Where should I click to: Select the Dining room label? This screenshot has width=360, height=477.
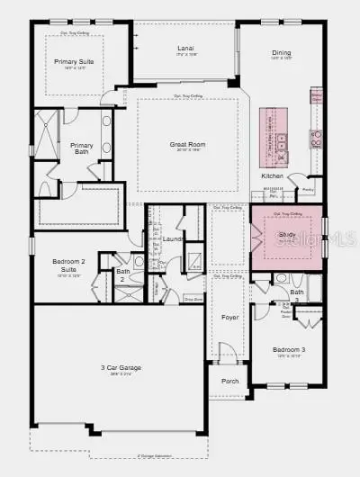(282, 53)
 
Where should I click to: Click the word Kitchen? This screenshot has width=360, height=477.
(273, 175)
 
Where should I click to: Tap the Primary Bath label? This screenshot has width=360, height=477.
(82, 149)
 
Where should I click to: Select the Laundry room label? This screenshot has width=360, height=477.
(175, 238)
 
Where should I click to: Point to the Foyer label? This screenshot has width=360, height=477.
(229, 317)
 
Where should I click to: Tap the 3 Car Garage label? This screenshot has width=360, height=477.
(118, 368)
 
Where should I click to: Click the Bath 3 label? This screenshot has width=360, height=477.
(296, 295)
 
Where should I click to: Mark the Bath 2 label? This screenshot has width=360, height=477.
(123, 275)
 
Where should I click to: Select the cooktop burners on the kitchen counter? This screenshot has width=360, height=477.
(317, 138)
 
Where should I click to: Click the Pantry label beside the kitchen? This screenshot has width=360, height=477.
(308, 191)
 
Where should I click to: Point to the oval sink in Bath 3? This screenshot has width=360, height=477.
(279, 278)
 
